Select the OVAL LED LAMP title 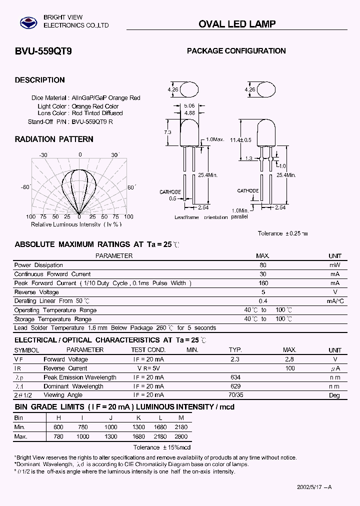tap(237, 24)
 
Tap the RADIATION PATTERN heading tap(54, 139)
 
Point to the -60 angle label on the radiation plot tap(25, 187)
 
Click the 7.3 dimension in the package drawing tap(167, 132)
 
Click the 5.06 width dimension tap(189, 105)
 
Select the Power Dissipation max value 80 tap(263, 265)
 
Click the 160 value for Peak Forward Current tap(263, 283)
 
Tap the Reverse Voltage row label tap(36, 292)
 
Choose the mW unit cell tap(335, 265)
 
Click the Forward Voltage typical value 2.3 tap(235, 359)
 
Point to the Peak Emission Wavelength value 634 tap(235, 377)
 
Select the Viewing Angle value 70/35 tap(235, 395)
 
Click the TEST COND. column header tap(148, 350)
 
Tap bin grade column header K tap(138, 417)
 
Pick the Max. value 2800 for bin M tap(181, 436)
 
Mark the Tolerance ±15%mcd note tap(162, 447)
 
